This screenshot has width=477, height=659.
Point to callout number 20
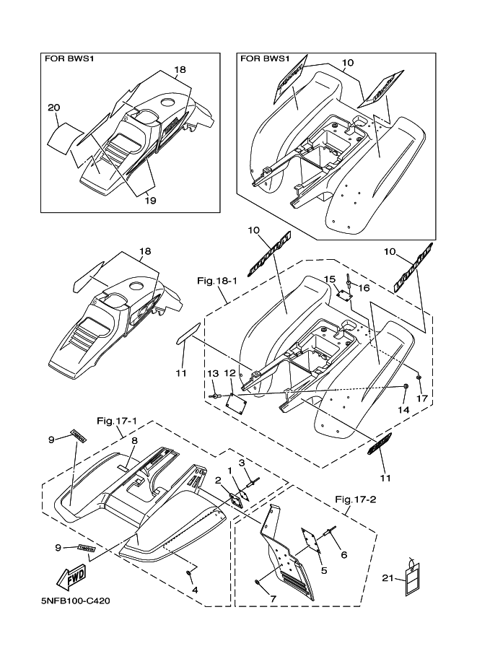(x=53, y=108)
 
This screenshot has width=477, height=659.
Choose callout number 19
(x=149, y=200)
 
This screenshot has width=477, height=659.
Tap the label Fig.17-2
(x=355, y=499)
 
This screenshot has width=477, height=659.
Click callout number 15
(x=329, y=279)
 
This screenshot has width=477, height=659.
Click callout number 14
(x=403, y=409)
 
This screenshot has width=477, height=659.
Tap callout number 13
(x=213, y=373)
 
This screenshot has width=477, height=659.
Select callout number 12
(x=229, y=373)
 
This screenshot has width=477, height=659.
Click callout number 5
(x=323, y=570)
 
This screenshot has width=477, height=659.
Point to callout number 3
(x=242, y=462)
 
